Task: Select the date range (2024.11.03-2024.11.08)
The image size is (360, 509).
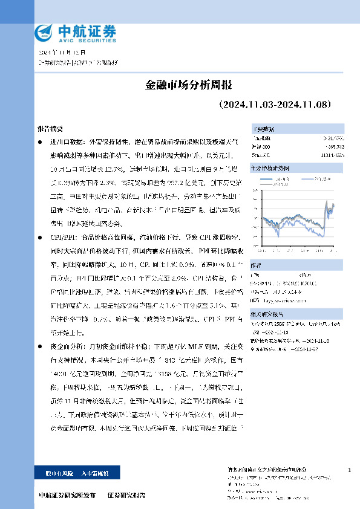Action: (275, 105)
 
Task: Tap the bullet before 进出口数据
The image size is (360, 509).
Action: (39, 141)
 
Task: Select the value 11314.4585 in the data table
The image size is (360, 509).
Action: (332, 155)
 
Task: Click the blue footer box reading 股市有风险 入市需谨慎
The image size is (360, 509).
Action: (78, 471)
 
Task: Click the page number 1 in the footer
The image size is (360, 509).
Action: (350, 470)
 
